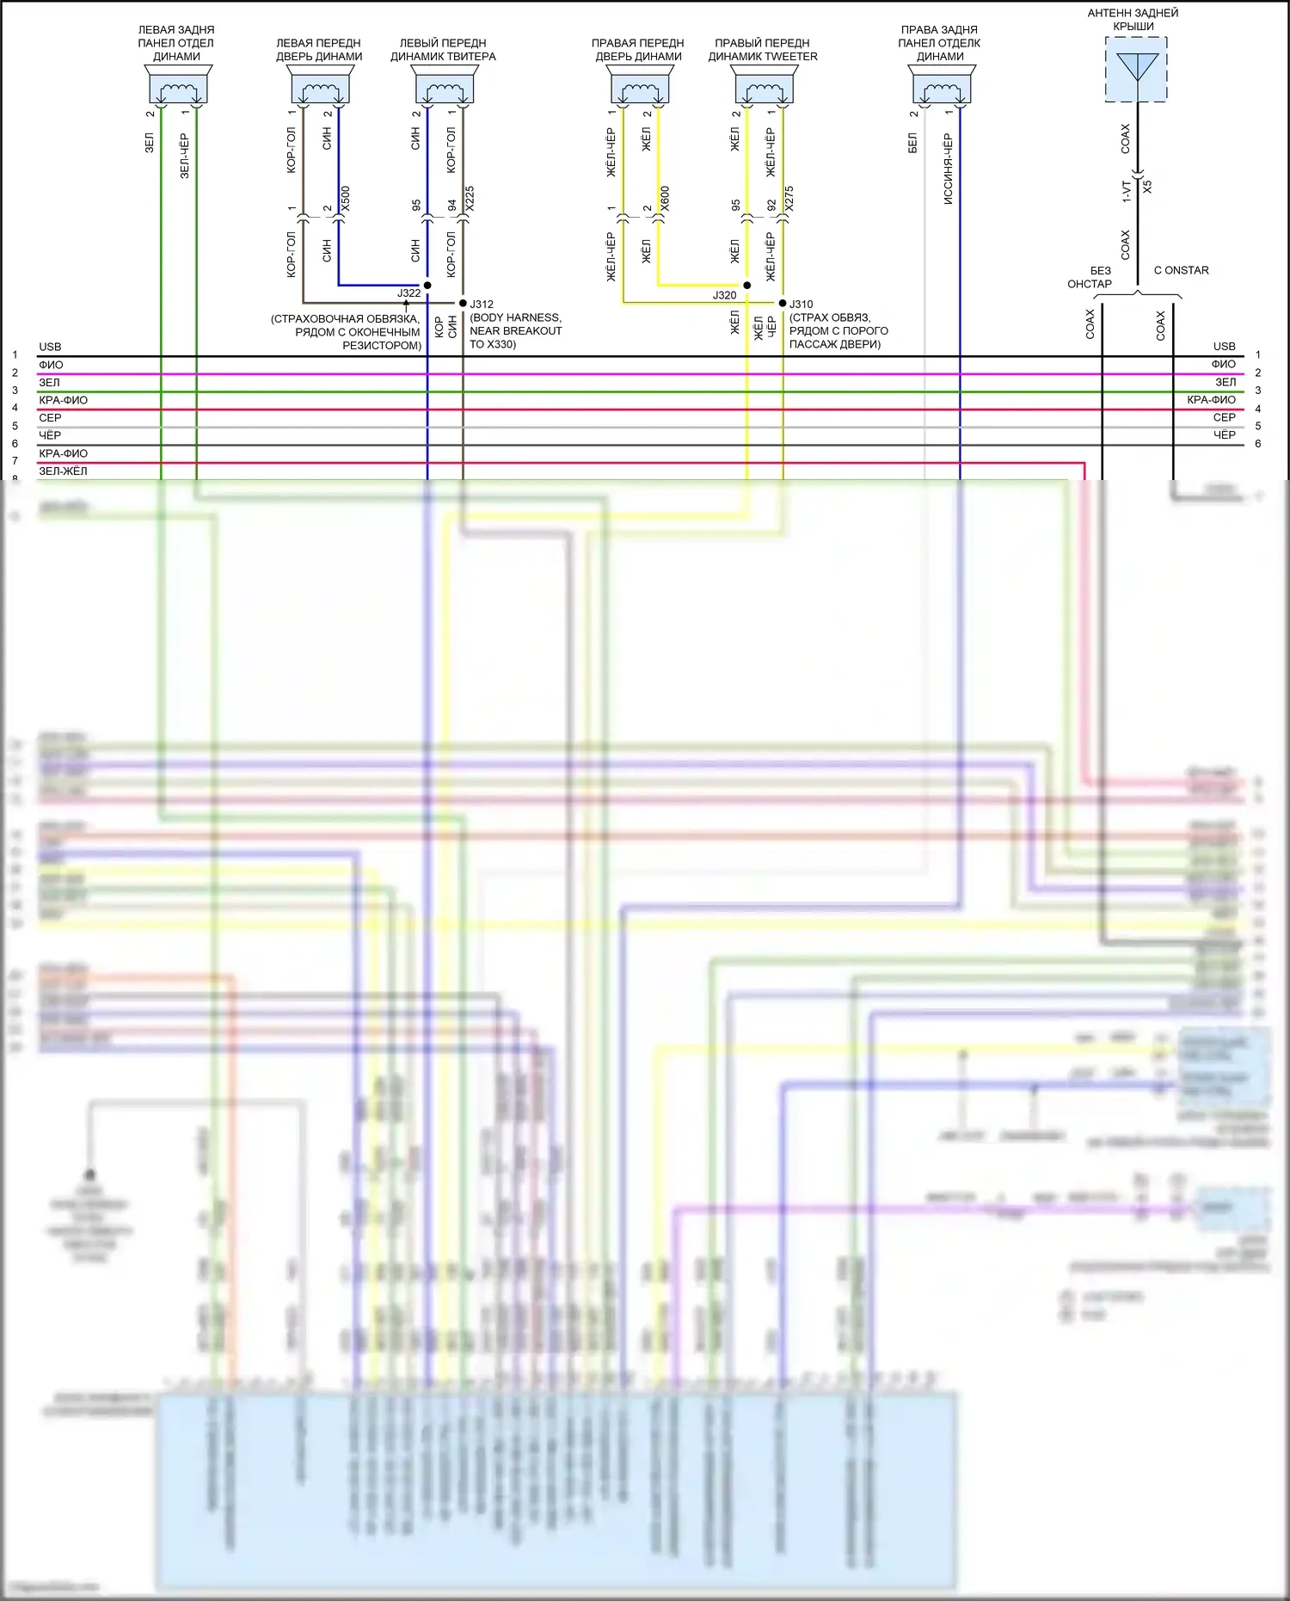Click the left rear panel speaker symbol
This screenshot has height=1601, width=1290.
[178, 87]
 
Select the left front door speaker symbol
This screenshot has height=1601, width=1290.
[320, 87]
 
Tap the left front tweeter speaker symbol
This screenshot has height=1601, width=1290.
[445, 87]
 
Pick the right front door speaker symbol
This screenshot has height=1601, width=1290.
[640, 87]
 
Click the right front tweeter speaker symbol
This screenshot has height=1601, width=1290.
[765, 87]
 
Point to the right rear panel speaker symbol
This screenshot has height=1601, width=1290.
[942, 87]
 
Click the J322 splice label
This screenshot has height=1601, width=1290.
[409, 293]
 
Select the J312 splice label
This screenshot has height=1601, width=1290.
[482, 305]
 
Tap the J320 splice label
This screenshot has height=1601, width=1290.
[724, 295]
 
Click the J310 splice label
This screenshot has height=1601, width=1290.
[801, 305]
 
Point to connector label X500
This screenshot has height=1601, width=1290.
[346, 200]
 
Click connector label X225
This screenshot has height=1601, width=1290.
[470, 200]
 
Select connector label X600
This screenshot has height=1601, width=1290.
[665, 200]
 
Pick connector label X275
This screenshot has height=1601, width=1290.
[789, 200]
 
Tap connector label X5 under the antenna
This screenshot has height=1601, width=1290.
[1147, 186]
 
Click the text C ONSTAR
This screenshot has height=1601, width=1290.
[1181, 270]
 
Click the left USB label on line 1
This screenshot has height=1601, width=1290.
[50, 347]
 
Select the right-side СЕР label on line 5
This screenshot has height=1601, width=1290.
[1224, 417]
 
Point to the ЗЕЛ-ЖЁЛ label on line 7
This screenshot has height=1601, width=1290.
[63, 471]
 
